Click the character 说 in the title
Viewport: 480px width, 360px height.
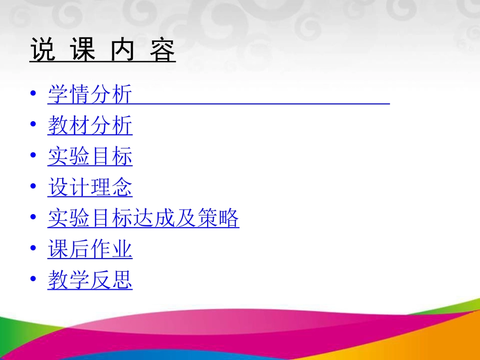(x=42, y=50)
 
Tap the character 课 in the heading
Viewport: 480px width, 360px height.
(x=83, y=50)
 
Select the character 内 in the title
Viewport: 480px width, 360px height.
(x=123, y=50)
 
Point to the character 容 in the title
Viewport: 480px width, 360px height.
(x=163, y=50)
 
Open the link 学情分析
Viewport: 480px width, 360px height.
(x=90, y=95)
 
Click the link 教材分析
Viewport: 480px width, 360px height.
(x=90, y=126)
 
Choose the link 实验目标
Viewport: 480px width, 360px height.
(x=90, y=157)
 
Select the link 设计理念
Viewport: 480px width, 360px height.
(x=90, y=187)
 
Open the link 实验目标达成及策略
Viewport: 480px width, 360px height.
(x=143, y=218)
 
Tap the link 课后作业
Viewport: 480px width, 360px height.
(x=90, y=249)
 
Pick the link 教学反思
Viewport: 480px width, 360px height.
(x=90, y=280)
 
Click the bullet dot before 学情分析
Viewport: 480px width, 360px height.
(x=33, y=94)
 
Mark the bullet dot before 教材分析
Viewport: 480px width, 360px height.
(x=33, y=125)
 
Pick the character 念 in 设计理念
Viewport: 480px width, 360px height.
(x=122, y=187)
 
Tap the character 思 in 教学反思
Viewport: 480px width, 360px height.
(x=122, y=280)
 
